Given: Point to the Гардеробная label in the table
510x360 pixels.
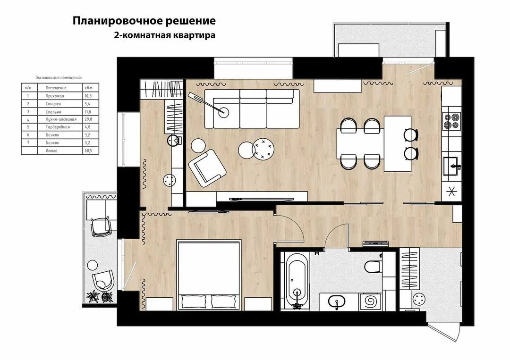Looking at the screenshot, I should [x=58, y=127].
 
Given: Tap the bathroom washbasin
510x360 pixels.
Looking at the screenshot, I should [x=337, y=301].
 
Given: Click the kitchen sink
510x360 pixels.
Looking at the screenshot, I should [x=452, y=166].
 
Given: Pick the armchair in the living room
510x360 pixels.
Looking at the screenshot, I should [x=206, y=168].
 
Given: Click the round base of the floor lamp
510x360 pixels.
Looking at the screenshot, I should [x=224, y=112].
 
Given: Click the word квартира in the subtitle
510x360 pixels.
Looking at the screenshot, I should [x=194, y=35].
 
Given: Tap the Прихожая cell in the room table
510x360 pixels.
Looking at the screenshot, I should [x=55, y=96].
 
